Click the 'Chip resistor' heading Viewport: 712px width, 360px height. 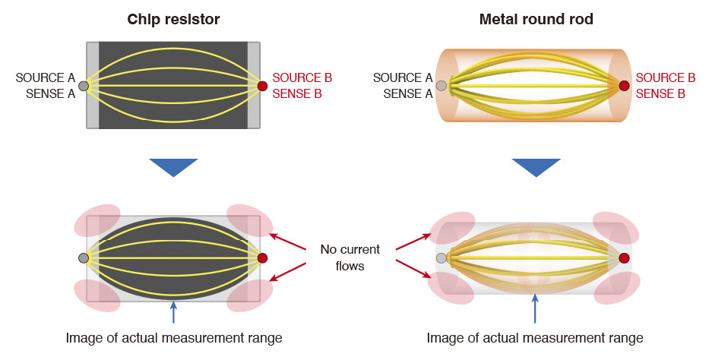(x=173, y=19)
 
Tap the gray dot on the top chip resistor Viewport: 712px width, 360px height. (x=84, y=85)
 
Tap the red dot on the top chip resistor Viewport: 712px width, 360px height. (x=262, y=86)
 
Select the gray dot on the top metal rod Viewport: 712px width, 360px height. (x=452, y=85)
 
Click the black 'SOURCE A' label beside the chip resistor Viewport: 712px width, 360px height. (x=45, y=77)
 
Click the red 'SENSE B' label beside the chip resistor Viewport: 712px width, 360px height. (x=297, y=93)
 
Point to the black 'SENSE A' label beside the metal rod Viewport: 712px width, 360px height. (x=407, y=93)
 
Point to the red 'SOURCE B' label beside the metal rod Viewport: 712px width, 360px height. (x=665, y=77)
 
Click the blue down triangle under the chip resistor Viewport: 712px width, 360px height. (x=173, y=167)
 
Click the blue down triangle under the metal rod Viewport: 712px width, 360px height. (x=536, y=167)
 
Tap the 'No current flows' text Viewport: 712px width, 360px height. (x=350, y=257)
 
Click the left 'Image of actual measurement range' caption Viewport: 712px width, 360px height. (x=174, y=338)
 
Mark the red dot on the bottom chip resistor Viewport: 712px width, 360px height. (x=262, y=258)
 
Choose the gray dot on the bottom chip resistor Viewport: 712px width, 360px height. (x=84, y=258)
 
